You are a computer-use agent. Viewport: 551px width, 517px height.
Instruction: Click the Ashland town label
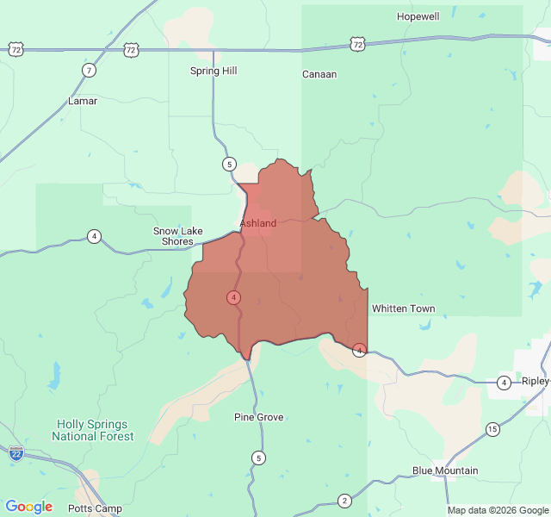click(258, 223)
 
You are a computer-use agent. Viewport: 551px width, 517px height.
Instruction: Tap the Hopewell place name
click(418, 16)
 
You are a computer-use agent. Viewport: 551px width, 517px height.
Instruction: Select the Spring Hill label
click(214, 71)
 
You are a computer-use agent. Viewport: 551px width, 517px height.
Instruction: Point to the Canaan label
click(319, 74)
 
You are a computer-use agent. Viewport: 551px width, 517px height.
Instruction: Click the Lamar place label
click(83, 101)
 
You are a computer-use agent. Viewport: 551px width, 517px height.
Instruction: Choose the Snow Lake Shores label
click(178, 236)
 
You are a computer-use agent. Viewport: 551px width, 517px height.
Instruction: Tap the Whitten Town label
click(403, 308)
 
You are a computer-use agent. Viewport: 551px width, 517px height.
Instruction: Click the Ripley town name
click(535, 381)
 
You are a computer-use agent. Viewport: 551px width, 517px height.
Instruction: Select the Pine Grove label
click(259, 417)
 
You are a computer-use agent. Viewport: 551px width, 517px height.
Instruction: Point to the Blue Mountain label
click(445, 470)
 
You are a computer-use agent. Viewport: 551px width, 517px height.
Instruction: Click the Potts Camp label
click(96, 508)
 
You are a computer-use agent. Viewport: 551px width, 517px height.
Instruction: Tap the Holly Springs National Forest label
click(93, 430)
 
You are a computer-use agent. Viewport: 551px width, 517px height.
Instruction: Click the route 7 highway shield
click(90, 70)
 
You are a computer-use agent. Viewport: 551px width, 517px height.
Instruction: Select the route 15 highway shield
click(492, 428)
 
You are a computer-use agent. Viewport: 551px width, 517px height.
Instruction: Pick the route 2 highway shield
click(344, 501)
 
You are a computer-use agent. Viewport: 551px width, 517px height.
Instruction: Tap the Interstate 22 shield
click(15, 452)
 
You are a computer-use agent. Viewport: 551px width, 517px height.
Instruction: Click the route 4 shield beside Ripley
click(504, 382)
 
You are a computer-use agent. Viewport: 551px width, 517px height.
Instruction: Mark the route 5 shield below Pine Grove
click(258, 457)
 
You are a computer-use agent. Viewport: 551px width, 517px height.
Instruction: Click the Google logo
click(29, 507)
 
